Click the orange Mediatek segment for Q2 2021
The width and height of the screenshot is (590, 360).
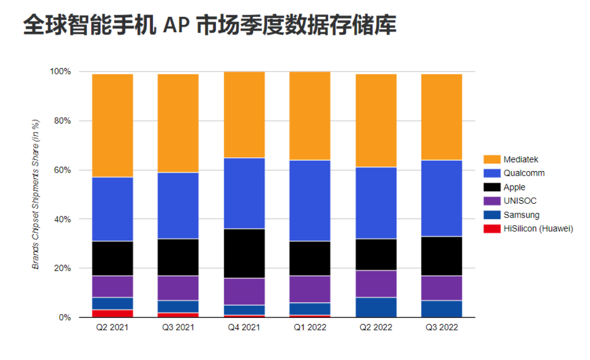pos(112,125)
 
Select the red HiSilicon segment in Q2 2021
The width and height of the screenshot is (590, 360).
pos(112,314)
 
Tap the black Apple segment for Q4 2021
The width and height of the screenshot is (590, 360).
pos(244,253)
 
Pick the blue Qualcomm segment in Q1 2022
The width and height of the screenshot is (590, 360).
pos(310,201)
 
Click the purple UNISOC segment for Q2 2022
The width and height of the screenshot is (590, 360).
pos(376,284)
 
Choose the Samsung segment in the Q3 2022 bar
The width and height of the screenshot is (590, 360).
pos(441,309)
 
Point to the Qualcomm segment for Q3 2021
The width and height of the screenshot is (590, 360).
pos(178,206)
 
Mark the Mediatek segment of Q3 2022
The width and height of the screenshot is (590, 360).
pos(441,117)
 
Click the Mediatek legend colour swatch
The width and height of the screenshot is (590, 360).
pos(491,159)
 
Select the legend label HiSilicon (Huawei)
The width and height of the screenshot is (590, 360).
pos(538,229)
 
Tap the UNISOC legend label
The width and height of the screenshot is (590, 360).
pos(520,201)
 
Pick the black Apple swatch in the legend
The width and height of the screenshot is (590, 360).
pos(491,187)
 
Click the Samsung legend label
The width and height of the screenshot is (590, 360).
pos(521,215)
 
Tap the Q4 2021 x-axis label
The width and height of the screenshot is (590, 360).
pos(244,328)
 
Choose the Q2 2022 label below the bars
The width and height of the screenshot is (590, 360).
pos(376,328)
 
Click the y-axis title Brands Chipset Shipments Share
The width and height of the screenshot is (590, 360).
pos(36,194)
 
